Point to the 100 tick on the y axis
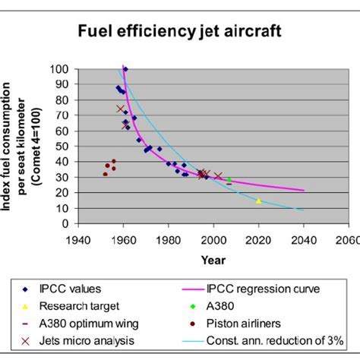point(72,69)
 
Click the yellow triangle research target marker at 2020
point(259,201)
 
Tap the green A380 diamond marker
point(229,180)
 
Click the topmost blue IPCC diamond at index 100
point(125,69)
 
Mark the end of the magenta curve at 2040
point(304,191)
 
